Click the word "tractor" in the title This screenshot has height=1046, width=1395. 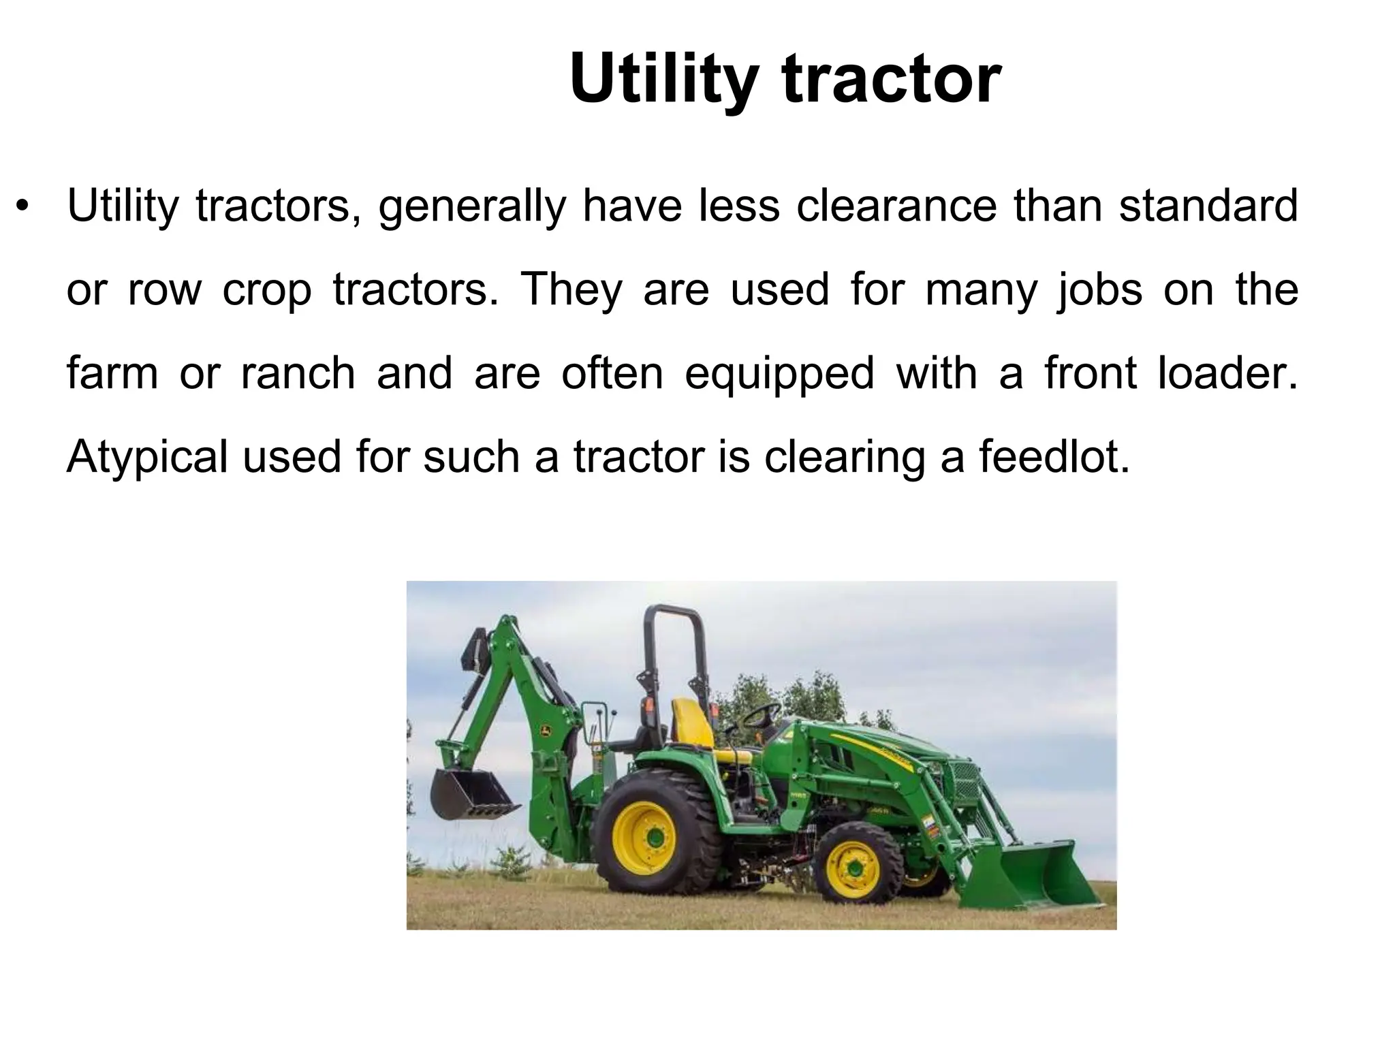[892, 80]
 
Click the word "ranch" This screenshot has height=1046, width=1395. [298, 373]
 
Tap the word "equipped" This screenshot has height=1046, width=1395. [779, 375]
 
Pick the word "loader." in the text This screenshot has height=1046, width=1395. [1229, 373]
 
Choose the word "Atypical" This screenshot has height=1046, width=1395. [147, 458]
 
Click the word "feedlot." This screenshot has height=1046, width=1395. [1055, 456]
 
